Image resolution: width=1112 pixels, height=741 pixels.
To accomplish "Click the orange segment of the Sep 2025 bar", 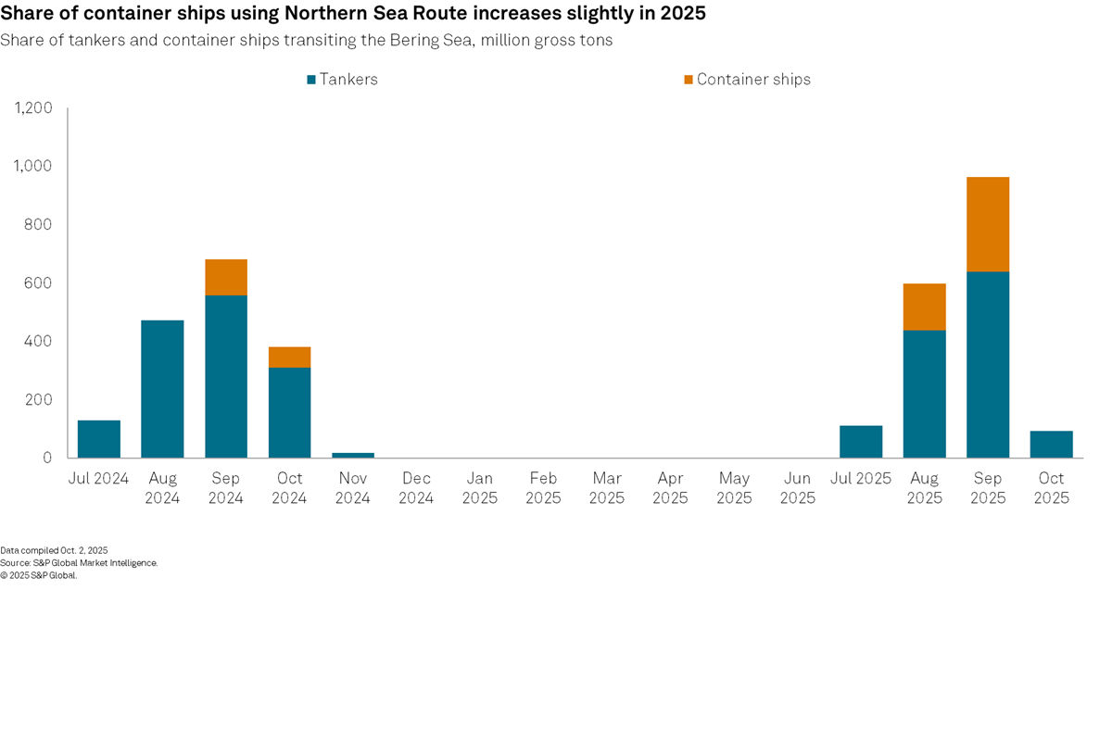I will click(988, 224).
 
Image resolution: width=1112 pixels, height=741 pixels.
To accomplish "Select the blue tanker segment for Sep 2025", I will click(988, 364).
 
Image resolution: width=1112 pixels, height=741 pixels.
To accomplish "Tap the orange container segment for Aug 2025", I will click(924, 307).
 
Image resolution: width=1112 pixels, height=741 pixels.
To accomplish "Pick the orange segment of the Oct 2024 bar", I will click(289, 357).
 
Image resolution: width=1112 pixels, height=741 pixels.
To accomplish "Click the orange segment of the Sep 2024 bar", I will click(226, 277).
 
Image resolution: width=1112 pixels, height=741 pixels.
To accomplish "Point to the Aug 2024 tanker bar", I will click(162, 389).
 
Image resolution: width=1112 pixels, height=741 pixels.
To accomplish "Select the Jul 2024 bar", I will click(99, 439).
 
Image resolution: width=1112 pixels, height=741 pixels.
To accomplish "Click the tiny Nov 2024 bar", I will click(353, 455).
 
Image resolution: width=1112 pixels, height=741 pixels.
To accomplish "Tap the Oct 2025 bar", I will click(1051, 445).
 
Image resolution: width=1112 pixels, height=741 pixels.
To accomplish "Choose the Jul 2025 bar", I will click(861, 442).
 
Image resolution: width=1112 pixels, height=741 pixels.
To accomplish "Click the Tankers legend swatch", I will click(311, 80).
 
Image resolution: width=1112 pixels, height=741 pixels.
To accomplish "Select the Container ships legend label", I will click(753, 80).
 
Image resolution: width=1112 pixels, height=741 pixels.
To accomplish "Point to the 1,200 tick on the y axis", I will click(33, 108).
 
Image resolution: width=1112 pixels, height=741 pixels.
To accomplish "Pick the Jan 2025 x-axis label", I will click(480, 488).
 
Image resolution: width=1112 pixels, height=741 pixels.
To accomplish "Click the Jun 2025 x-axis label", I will click(797, 488).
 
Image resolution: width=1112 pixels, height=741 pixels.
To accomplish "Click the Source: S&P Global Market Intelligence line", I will click(79, 562).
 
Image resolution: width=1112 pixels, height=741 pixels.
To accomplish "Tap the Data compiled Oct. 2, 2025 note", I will click(54, 550).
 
